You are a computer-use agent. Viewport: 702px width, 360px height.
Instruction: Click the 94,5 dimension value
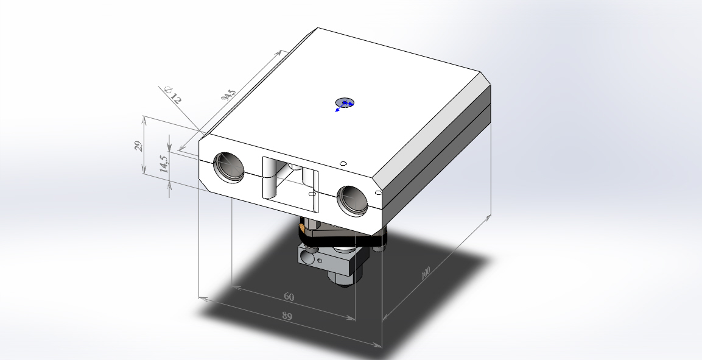(229, 95)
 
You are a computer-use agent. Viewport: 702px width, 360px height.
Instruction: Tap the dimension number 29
(139, 146)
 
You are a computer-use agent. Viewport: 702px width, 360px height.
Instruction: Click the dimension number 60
(289, 297)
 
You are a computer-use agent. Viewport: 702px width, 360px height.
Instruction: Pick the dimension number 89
(287, 316)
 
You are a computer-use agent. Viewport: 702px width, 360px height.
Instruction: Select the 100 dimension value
(426, 273)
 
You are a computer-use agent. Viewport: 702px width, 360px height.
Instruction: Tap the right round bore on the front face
(352, 201)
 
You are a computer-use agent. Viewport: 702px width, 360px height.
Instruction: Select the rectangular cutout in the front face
(290, 184)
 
